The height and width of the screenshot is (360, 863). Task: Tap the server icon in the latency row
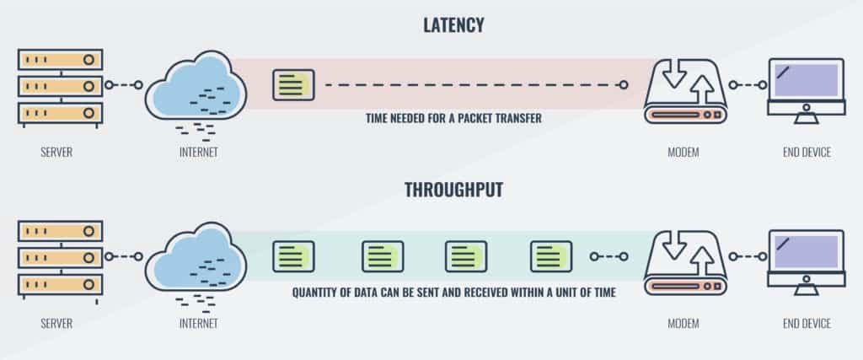pos(60,85)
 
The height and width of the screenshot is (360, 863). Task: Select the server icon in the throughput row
pos(60,256)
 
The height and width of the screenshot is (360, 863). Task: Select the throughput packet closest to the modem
pos(552,255)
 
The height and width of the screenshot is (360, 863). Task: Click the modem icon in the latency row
pos(684,89)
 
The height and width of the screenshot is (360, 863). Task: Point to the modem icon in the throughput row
pos(684,260)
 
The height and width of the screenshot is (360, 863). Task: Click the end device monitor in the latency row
pos(806,87)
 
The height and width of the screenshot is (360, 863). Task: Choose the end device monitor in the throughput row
pos(806,258)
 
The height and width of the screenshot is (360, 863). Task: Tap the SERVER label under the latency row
pos(56,153)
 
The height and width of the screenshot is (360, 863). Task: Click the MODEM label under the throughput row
pos(683,324)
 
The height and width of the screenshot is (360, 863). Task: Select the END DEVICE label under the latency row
pos(806,153)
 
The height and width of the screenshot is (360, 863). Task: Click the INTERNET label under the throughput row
pos(199,324)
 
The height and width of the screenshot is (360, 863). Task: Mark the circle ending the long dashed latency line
pos(624,85)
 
